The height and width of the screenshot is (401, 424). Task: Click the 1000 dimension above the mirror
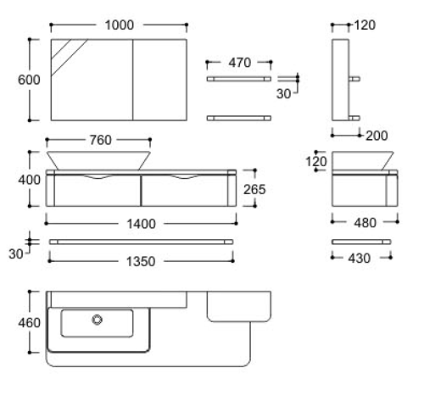120,25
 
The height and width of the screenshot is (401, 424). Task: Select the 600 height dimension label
29,80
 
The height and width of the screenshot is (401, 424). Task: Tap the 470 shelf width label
239,63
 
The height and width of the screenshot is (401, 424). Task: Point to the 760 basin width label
101,140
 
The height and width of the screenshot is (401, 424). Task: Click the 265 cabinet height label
254,189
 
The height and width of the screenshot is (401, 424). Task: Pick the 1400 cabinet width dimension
141,224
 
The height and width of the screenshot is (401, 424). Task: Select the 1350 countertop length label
141,261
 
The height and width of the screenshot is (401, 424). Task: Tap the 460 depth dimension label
29,323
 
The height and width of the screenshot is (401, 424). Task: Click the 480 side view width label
365,223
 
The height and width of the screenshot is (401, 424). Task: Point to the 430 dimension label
359,259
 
